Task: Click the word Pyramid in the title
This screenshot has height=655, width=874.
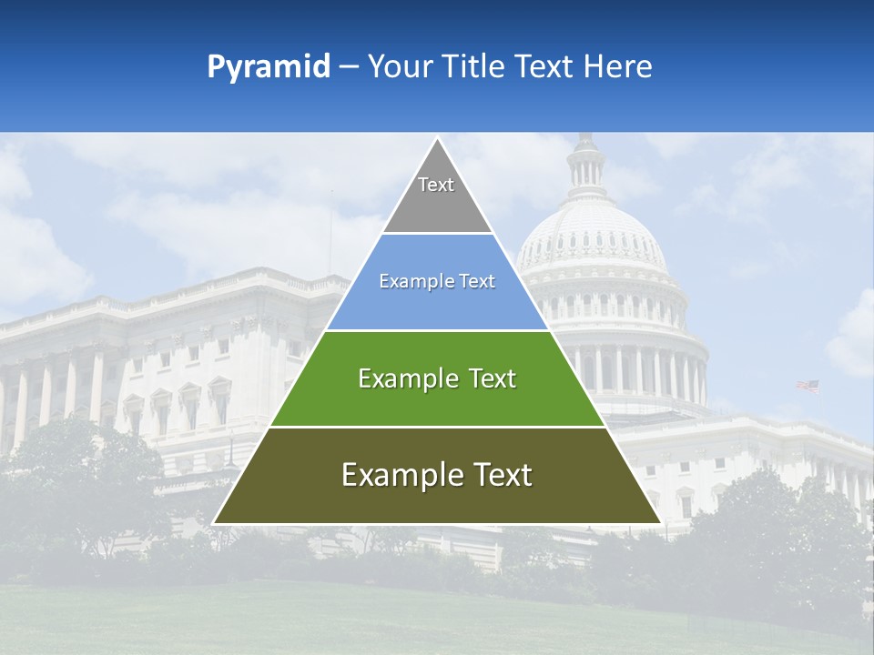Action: (269, 67)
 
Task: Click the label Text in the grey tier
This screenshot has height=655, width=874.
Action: (436, 185)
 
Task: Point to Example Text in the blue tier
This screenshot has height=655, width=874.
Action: (437, 281)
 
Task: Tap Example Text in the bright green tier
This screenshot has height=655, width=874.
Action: (437, 378)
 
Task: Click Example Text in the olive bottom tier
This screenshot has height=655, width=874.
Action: (437, 475)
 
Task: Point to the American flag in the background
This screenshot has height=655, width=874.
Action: (808, 386)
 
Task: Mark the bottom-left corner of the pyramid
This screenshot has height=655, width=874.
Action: (215, 522)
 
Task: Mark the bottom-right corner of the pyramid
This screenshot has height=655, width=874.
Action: (659, 522)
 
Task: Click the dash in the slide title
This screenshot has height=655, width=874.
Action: (349, 67)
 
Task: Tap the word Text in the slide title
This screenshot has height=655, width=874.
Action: (544, 67)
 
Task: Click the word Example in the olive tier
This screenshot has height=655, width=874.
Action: (392, 475)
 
